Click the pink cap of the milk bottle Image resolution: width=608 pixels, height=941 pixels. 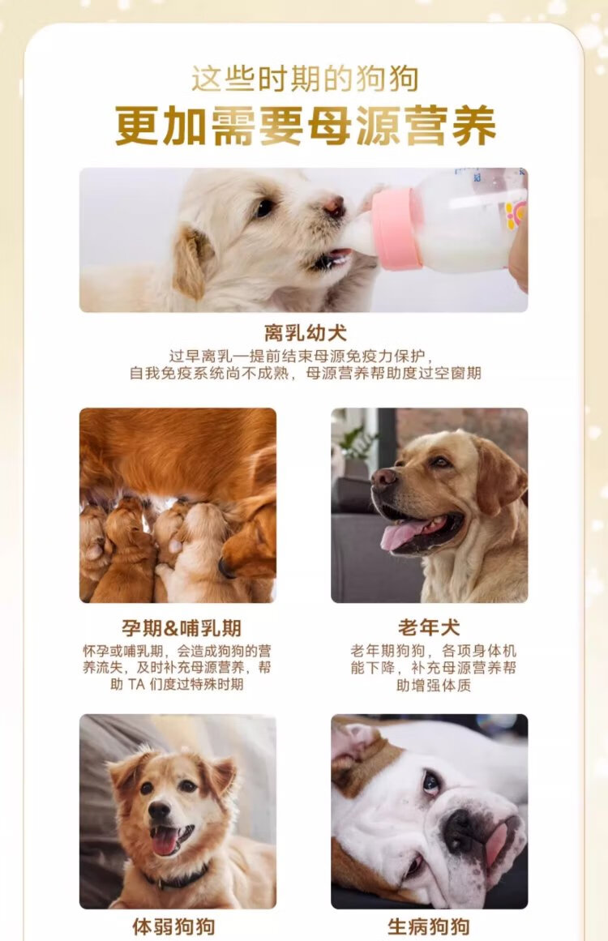click(x=396, y=229)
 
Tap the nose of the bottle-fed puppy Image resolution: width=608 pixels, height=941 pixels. click(x=334, y=207)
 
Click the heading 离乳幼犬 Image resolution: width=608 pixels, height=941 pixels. click(x=306, y=333)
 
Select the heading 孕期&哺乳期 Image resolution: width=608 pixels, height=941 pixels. click(x=182, y=628)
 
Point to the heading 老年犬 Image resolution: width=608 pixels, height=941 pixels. click(x=429, y=627)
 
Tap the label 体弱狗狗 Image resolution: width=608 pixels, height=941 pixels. click(x=173, y=926)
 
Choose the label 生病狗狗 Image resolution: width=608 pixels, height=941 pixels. click(x=429, y=926)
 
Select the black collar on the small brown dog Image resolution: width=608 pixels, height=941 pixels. click(x=177, y=877)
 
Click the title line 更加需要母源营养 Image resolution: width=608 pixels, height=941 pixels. click(x=306, y=126)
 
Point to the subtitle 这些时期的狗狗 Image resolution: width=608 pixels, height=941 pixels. click(x=305, y=79)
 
